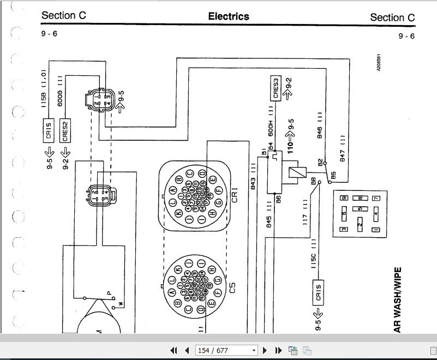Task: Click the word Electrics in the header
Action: pos(229,16)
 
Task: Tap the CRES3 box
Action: pos(276,89)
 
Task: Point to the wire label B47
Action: pos(343,148)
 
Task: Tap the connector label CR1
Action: pos(235,194)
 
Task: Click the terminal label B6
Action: pos(278,199)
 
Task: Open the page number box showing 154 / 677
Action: pos(225,350)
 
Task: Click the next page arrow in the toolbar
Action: pos(265,350)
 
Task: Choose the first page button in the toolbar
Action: pos(174,350)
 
